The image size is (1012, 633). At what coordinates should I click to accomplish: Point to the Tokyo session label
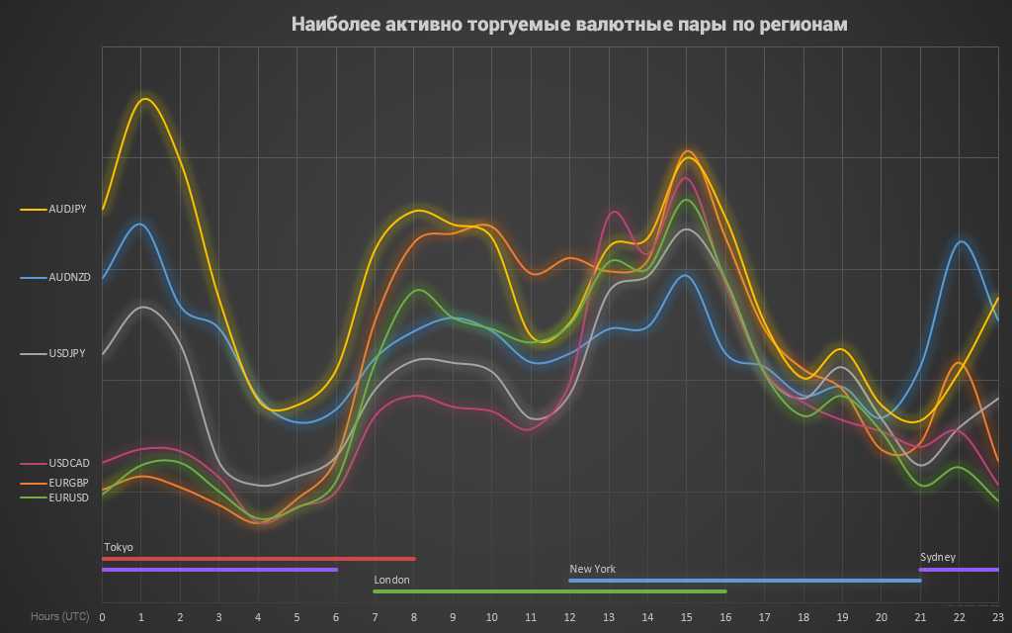[x=119, y=547]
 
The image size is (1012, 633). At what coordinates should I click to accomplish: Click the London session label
[x=391, y=580]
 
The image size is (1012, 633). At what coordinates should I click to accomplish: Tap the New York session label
[x=592, y=569]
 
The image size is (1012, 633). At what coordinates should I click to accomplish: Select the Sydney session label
[x=938, y=557]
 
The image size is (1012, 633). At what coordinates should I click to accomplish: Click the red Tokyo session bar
[x=258, y=559]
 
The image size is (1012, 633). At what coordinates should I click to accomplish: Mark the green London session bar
[x=549, y=591]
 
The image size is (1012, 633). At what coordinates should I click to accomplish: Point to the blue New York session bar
[x=744, y=581]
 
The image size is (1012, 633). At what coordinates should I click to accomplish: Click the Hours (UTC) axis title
[x=59, y=616]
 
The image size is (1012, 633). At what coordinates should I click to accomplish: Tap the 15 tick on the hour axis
[x=686, y=616]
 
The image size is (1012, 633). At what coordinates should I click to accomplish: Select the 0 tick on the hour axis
[x=102, y=616]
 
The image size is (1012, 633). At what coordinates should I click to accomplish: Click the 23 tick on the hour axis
[x=998, y=616]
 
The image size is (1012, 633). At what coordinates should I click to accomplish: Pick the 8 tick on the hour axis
[x=414, y=616]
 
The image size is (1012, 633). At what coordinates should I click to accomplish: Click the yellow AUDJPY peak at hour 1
[x=145, y=99]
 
